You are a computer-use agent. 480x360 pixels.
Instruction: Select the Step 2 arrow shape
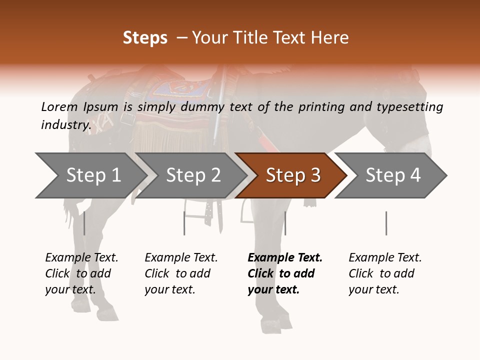[193, 175]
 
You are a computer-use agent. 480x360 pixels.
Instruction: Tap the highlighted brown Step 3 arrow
[293, 175]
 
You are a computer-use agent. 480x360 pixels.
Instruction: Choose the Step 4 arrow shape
[393, 175]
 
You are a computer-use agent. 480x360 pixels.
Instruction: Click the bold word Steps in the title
[145, 37]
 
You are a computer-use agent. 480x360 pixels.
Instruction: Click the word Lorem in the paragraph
[59, 107]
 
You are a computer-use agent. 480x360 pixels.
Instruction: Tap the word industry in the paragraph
[65, 124]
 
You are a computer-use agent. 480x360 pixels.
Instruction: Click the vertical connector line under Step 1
[84, 223]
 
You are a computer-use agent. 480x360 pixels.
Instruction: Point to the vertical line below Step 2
[184, 223]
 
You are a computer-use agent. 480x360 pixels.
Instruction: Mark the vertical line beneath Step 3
[285, 223]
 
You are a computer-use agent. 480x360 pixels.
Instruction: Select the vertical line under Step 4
[386, 223]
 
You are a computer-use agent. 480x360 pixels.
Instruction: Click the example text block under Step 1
[81, 273]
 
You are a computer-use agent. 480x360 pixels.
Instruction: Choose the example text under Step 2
[181, 273]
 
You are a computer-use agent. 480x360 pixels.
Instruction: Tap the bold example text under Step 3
[285, 273]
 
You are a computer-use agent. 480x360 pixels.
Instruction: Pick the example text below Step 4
[385, 273]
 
